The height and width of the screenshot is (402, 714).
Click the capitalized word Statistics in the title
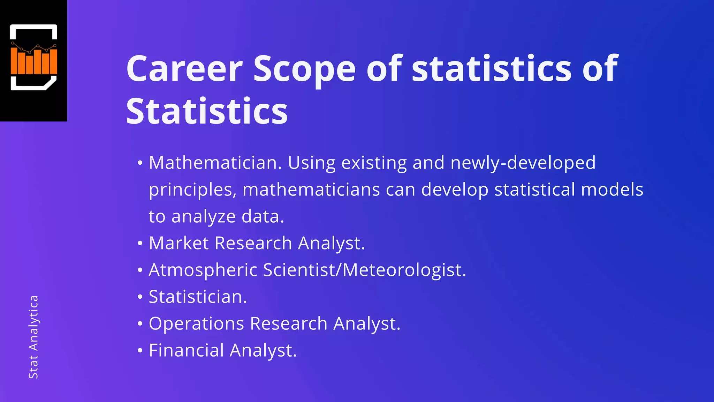(x=207, y=111)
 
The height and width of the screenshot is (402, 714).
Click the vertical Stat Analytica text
(x=33, y=337)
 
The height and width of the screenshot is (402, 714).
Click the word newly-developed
(x=523, y=163)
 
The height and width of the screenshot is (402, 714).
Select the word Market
(x=178, y=243)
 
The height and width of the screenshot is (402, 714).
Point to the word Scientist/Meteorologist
(x=365, y=270)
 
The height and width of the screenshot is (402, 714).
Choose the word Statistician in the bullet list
(x=198, y=297)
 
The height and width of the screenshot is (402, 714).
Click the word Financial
(x=186, y=350)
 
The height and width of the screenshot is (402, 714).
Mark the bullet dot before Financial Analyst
(x=140, y=350)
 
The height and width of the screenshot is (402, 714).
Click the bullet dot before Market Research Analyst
(x=140, y=243)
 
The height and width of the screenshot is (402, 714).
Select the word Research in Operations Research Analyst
(x=289, y=323)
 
